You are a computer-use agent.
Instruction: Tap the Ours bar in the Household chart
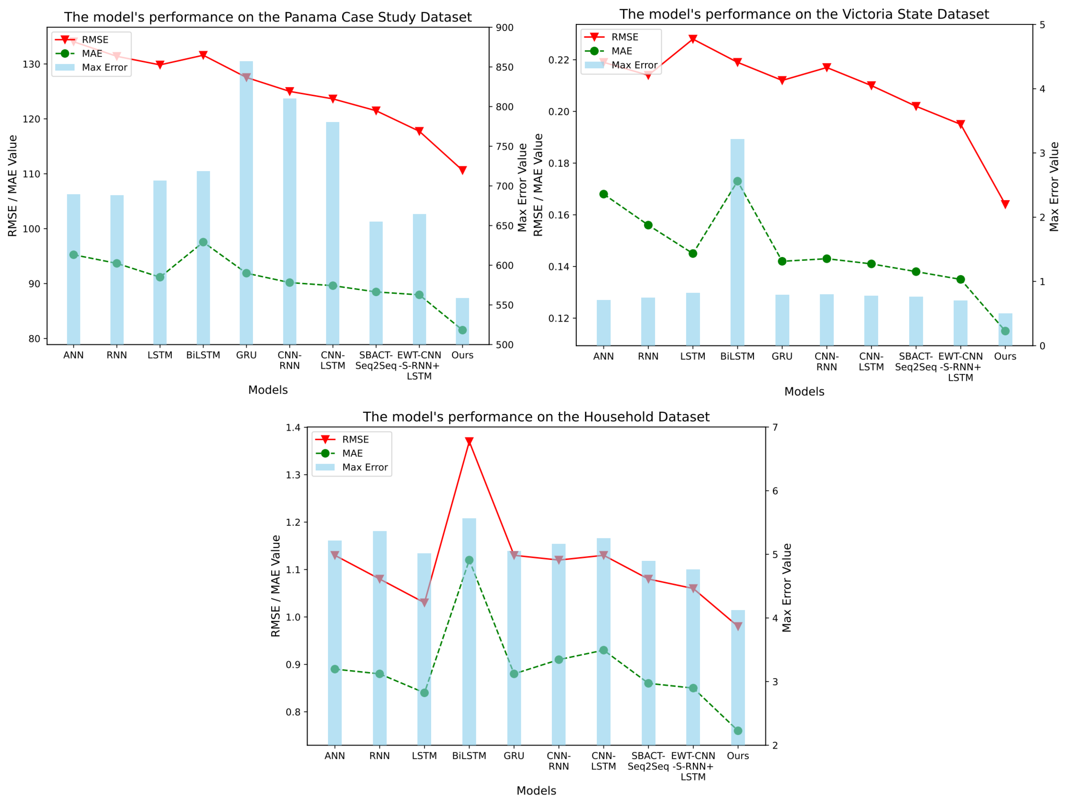737,679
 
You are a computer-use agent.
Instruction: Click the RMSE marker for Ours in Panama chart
462,170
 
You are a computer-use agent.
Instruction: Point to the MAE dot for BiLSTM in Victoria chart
737,181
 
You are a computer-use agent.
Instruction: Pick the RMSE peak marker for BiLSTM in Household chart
469,441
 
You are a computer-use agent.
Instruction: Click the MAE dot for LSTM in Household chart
424,693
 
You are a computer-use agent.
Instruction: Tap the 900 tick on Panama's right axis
505,28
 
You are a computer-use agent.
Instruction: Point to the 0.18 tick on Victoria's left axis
559,163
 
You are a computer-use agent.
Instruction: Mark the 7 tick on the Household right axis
775,427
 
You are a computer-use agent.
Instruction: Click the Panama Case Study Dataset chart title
268,17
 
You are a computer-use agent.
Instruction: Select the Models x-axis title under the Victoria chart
804,391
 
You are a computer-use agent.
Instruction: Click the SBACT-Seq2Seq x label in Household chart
648,761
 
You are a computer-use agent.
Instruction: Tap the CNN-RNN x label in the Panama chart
289,360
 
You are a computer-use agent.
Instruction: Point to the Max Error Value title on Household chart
787,587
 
